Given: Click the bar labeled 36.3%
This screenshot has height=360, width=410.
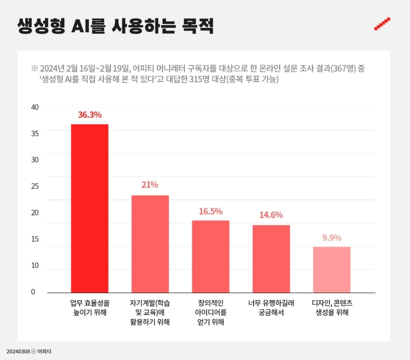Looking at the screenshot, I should pyautogui.click(x=90, y=208).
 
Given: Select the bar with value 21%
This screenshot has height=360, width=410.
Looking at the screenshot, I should pyautogui.click(x=150, y=244).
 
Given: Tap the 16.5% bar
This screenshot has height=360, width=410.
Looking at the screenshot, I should pyautogui.click(x=210, y=256).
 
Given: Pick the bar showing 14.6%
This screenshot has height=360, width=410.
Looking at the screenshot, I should pyautogui.click(x=271, y=258).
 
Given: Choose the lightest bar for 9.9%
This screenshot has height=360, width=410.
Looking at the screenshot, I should pyautogui.click(x=331, y=269).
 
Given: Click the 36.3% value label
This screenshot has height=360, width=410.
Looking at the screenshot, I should pyautogui.click(x=90, y=115).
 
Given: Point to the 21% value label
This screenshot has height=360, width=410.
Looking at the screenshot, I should pyautogui.click(x=150, y=185).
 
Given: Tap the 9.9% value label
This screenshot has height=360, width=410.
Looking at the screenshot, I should pyautogui.click(x=332, y=238).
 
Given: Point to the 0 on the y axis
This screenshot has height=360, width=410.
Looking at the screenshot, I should pyautogui.click(x=33, y=292).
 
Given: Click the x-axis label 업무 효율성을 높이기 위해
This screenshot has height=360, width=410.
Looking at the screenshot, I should pyautogui.click(x=90, y=307).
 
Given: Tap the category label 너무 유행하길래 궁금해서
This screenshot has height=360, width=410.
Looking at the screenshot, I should pyautogui.click(x=271, y=307).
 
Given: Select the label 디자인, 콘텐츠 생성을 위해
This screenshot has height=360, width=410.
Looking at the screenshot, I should pyautogui.click(x=331, y=307).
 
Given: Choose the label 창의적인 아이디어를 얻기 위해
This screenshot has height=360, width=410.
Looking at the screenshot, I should pyautogui.click(x=210, y=313).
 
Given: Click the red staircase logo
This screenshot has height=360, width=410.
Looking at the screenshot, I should pyautogui.click(x=382, y=24).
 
